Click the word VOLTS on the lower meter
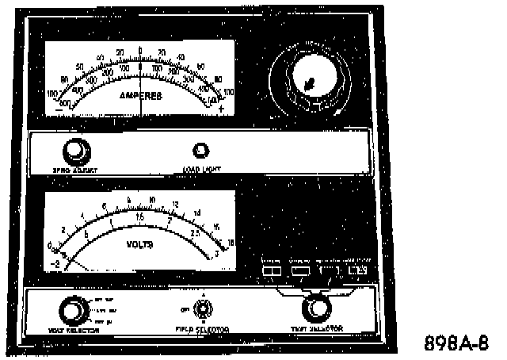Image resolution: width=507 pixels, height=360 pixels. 139,245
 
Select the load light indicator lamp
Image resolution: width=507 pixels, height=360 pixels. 201,150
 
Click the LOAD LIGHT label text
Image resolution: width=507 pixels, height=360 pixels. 203,167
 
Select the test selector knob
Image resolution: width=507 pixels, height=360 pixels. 315,307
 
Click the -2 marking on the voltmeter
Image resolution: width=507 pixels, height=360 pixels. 55,263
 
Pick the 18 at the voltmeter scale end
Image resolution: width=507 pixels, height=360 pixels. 231,243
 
